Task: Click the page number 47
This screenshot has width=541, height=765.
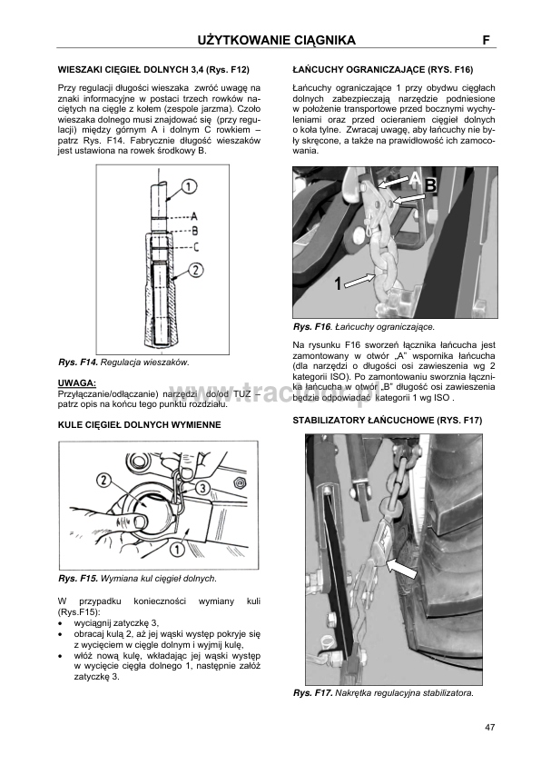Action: (490, 728)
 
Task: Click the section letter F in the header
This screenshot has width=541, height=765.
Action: (486, 41)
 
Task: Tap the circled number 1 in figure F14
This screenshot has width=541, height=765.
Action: (190, 186)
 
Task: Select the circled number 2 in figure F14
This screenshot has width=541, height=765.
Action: (195, 269)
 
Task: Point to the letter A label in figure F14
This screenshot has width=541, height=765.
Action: (194, 216)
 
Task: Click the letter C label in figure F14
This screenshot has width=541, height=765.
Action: (195, 247)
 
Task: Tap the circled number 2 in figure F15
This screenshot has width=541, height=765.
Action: (104, 481)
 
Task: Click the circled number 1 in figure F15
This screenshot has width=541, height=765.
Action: (176, 551)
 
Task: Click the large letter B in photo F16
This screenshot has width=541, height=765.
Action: (431, 186)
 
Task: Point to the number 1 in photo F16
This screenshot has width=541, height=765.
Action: (338, 283)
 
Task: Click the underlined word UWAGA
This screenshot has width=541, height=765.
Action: (77, 382)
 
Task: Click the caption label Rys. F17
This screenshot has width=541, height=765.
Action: (313, 693)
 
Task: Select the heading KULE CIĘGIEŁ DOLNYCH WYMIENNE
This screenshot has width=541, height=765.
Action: (140, 425)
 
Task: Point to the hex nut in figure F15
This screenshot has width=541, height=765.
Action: (239, 482)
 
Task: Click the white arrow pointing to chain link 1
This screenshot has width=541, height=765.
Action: (360, 280)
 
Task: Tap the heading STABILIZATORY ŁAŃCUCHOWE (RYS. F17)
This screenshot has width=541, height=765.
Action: (388, 420)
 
